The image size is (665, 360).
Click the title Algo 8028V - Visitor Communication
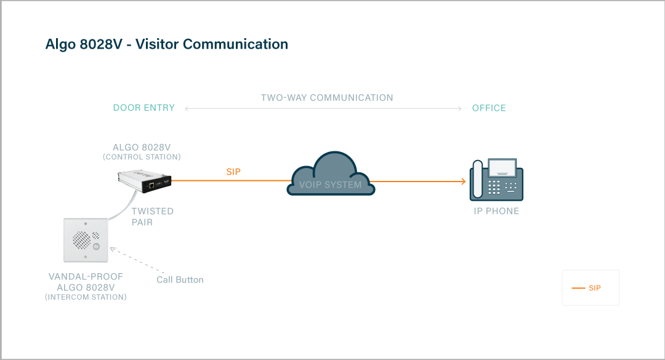(x=167, y=44)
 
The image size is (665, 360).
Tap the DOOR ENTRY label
(x=144, y=108)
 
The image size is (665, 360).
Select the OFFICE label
(x=489, y=108)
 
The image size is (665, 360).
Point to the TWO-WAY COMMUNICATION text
(x=327, y=98)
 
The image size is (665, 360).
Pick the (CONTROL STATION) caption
(x=142, y=157)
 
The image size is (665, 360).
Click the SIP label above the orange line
(x=233, y=172)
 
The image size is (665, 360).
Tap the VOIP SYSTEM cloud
(x=331, y=178)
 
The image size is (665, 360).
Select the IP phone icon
(x=496, y=180)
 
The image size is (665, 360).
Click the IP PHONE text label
(x=496, y=211)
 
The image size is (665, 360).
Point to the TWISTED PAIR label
(x=153, y=216)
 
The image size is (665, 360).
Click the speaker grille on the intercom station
(x=81, y=239)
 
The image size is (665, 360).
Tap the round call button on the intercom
(x=96, y=247)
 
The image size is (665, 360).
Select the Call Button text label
(x=180, y=279)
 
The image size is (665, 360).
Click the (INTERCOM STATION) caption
(x=86, y=297)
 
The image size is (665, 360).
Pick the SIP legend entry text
(x=595, y=288)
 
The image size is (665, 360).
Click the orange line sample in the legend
(x=578, y=288)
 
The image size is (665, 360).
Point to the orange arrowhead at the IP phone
(x=462, y=182)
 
